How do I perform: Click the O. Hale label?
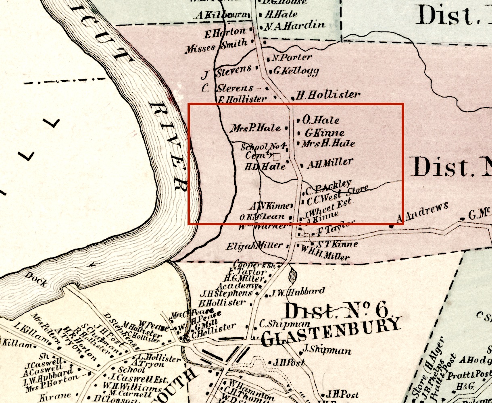pos(321,120)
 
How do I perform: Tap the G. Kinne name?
pos(324,133)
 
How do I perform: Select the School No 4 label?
pos(263,146)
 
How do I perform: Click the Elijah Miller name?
pos(254,246)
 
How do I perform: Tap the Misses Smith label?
pos(216,47)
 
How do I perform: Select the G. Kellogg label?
pos(296,71)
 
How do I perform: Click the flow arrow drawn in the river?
pos(94,264)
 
